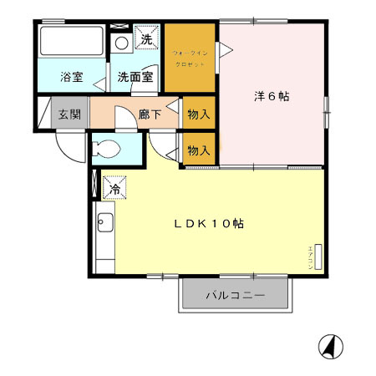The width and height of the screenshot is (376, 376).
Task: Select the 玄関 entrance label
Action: [x=69, y=114]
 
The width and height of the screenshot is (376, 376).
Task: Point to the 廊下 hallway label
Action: [x=150, y=114]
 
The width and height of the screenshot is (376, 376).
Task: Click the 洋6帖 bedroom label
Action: [x=272, y=96]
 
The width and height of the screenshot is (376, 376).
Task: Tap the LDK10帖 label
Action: [x=209, y=224]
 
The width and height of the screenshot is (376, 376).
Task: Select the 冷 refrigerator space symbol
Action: [x=114, y=190]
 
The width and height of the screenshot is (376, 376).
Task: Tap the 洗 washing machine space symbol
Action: [x=146, y=38]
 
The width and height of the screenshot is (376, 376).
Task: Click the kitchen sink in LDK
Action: [x=105, y=223]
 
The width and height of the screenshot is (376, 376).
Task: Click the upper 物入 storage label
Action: [x=197, y=114]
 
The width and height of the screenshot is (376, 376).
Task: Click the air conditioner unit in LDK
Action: [x=317, y=256]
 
